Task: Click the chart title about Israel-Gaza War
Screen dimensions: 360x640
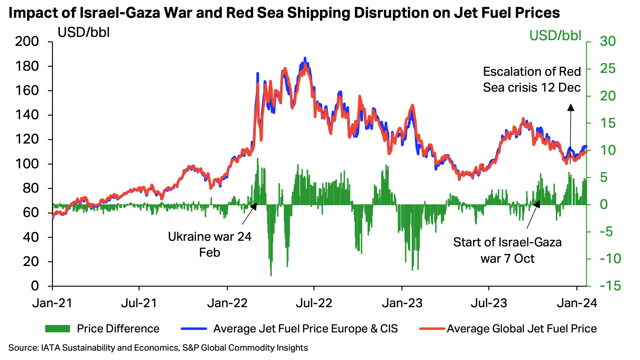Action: [284, 13]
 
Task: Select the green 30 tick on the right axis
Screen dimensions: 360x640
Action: [601, 42]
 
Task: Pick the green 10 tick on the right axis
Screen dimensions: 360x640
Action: [601, 151]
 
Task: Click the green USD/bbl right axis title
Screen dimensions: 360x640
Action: [555, 36]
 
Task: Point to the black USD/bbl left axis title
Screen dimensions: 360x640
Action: [84, 33]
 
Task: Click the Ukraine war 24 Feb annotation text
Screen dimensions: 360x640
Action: [210, 244]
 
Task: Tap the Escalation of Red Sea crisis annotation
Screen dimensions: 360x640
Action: [532, 79]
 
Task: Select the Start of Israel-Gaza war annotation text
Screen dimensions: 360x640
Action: [508, 250]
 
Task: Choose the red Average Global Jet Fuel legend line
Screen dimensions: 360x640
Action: [428, 329]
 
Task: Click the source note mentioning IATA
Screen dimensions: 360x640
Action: [158, 348]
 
